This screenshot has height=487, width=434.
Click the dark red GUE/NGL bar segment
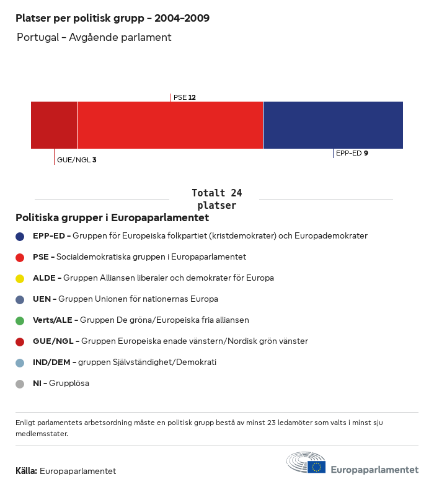(54, 125)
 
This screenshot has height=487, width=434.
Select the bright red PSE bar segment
(170, 125)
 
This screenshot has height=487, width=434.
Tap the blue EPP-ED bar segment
(333, 125)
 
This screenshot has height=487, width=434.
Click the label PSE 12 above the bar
(185, 97)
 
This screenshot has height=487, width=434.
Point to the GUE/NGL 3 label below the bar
(76, 160)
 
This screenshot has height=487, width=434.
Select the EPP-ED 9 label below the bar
(352, 153)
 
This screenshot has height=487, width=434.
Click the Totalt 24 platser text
(216, 199)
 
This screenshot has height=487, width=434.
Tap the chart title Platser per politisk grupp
(112, 18)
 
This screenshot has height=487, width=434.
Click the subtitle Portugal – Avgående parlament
(94, 37)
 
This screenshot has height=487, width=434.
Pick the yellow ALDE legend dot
(20, 278)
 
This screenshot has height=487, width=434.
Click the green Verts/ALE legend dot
(20, 320)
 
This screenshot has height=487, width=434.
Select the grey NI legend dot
(20, 384)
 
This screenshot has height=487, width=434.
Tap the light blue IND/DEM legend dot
(20, 362)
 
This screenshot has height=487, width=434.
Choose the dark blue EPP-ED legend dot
(20, 236)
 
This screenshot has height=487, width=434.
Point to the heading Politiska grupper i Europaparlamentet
(112, 218)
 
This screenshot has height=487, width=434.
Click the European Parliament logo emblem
(306, 463)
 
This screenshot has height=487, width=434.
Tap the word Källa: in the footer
(26, 471)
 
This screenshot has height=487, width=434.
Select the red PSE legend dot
(20, 257)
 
